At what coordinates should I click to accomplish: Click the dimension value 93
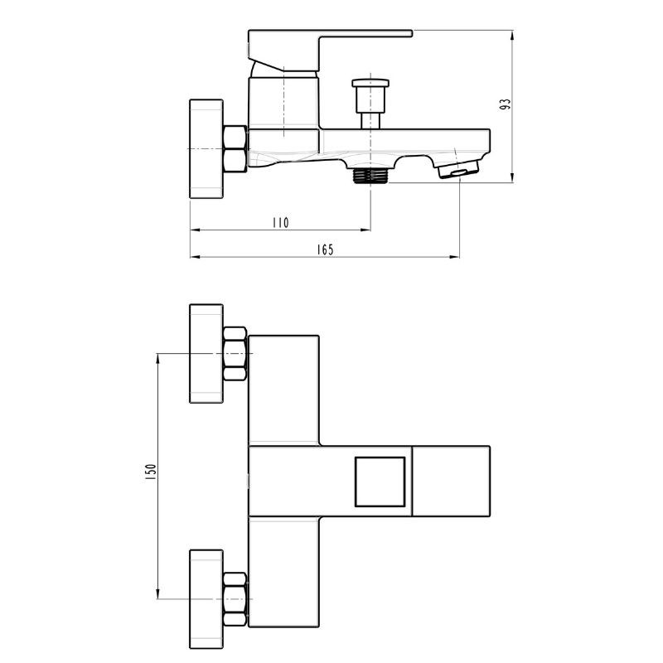pos(506,104)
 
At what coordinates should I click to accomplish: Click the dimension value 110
pos(280,222)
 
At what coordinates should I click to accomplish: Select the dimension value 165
pos(325,250)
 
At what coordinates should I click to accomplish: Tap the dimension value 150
pos(151,472)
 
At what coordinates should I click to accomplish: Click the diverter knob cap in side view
pos(370,83)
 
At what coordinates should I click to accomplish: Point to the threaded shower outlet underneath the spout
pos(370,176)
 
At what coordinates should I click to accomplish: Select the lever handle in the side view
pos(330,50)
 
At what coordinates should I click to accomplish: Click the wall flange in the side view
pos(206,148)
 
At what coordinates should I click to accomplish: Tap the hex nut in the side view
pos(235,149)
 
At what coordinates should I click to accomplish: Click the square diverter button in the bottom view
pos(380,482)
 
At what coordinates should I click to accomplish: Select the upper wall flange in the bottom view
pos(206,354)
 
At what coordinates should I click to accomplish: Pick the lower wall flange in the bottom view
pos(206,599)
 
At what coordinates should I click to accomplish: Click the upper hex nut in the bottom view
pos(235,354)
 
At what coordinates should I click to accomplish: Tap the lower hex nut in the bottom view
pos(235,599)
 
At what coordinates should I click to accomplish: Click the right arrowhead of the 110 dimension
pos(365,230)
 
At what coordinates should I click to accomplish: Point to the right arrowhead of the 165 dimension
pos(454,257)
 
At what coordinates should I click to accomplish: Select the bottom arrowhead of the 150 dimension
pos(157,593)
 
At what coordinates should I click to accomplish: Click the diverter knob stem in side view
pos(370,120)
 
